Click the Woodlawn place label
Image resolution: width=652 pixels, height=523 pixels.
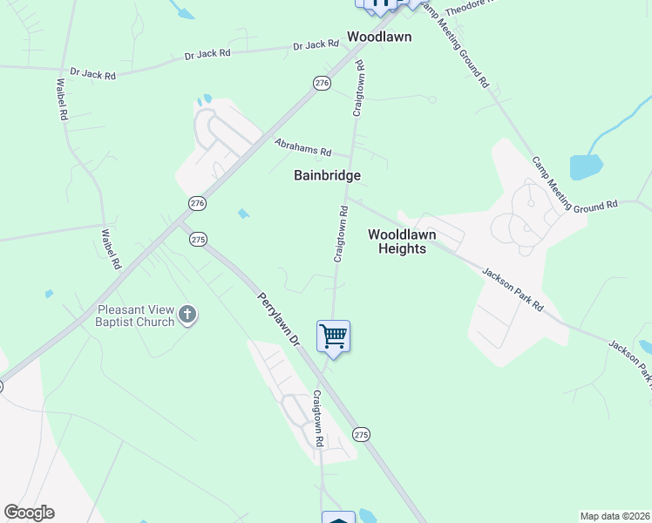coord(379,37)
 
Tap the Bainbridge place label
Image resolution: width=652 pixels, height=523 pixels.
coord(327,175)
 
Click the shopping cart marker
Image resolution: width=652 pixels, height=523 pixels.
coord(334,336)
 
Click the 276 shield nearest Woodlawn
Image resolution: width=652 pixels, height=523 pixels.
coord(323,83)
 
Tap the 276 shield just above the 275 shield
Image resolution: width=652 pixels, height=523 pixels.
coord(197,203)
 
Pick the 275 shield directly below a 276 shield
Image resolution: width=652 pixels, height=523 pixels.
coord(198,239)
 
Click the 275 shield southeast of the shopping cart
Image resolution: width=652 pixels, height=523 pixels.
coord(362,434)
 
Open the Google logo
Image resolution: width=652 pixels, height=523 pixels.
coord(29,513)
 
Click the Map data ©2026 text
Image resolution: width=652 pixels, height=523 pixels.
coord(614,516)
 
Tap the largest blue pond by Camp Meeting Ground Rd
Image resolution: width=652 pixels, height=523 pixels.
coord(586,166)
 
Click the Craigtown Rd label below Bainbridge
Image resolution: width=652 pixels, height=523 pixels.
coord(341,234)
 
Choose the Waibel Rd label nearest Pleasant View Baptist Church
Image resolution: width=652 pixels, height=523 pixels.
coord(110,249)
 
